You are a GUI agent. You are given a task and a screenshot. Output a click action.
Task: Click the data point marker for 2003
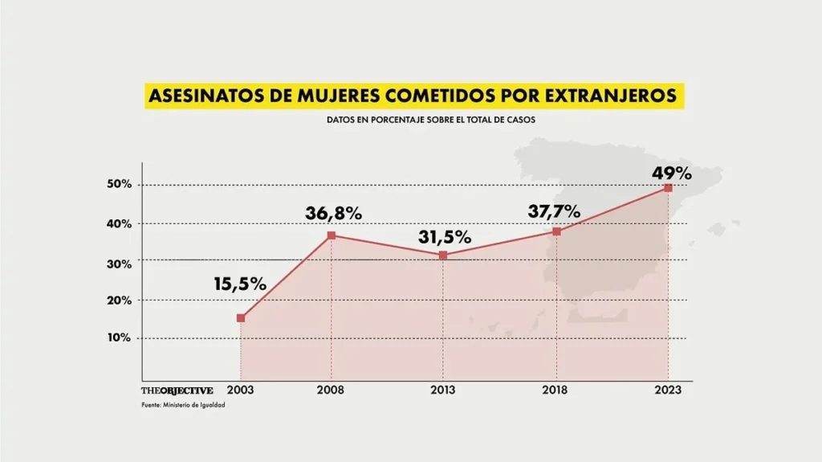tap(241, 318)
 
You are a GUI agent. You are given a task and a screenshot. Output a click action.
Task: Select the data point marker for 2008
tap(331, 235)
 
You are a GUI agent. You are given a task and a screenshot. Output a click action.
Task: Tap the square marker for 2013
tap(443, 256)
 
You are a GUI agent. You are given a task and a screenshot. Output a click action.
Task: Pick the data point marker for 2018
tap(555, 231)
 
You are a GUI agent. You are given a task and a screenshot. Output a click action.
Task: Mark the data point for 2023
tap(668, 188)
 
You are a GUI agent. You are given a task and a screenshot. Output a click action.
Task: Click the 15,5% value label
tap(239, 284)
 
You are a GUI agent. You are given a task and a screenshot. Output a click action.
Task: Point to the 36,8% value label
tap(333, 214)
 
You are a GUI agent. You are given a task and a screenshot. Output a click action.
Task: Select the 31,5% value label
tap(444, 238)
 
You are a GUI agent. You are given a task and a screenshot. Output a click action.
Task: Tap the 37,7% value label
tap(554, 211)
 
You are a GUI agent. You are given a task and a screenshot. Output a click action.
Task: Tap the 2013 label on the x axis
tap(443, 390)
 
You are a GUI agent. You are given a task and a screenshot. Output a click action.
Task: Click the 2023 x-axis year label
tap(668, 390)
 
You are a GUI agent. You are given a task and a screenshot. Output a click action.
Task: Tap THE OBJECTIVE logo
tap(177, 390)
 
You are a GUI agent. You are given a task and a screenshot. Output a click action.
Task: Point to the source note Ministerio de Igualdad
tap(184, 404)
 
